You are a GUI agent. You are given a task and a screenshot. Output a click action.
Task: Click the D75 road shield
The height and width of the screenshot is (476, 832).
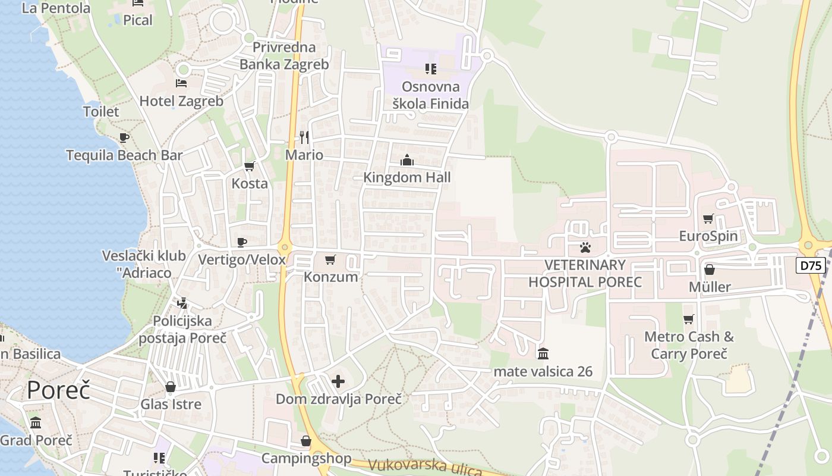pyautogui.click(x=811, y=265)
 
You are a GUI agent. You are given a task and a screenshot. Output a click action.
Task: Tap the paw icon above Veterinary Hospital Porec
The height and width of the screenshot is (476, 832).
pyautogui.click(x=585, y=247)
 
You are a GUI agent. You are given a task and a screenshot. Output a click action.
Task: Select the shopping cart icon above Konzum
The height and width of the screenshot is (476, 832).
pyautogui.click(x=330, y=259)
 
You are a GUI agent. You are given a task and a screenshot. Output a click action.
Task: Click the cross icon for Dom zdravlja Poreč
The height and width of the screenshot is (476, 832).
pyautogui.click(x=338, y=381)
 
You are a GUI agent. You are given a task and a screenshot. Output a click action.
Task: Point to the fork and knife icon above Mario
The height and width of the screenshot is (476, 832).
pyautogui.click(x=304, y=137)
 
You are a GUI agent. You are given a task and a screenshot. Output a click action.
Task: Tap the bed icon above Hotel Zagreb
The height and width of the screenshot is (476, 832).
pyautogui.click(x=181, y=83)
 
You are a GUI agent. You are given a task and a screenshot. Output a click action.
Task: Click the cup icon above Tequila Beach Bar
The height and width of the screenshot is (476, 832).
pyautogui.click(x=124, y=138)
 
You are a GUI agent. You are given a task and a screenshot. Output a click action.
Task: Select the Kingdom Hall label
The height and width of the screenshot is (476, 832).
pyautogui.click(x=407, y=177)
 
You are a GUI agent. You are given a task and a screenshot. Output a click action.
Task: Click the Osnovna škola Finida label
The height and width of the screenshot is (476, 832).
pyautogui.click(x=431, y=95)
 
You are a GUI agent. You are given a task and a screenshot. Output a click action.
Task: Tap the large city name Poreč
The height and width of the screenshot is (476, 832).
pyautogui.click(x=58, y=390)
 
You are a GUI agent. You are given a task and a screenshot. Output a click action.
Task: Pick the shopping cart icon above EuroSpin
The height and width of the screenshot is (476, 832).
pyautogui.click(x=708, y=219)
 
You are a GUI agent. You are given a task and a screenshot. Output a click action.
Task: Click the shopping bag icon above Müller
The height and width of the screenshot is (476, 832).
pyautogui.click(x=709, y=270)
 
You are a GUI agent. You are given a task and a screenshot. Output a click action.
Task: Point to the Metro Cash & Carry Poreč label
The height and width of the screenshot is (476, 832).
pyautogui.click(x=689, y=345)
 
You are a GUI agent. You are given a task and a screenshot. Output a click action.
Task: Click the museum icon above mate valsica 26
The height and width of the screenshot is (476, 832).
pyautogui.click(x=543, y=354)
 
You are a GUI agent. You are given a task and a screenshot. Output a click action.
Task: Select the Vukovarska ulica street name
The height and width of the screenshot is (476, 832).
pyautogui.click(x=424, y=468)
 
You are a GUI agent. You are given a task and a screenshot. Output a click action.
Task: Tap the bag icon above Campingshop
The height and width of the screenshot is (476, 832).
pyautogui.click(x=306, y=441)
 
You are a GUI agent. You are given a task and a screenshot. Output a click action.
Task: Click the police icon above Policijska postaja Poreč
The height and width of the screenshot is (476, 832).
pyautogui.click(x=182, y=303)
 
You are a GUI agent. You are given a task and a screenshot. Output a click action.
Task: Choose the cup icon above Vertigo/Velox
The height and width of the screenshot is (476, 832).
pyautogui.click(x=241, y=242)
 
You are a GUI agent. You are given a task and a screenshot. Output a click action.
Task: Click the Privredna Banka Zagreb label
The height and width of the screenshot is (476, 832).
pyautogui.click(x=284, y=56)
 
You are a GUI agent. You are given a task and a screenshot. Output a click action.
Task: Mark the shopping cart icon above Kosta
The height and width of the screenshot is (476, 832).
pyautogui.click(x=250, y=166)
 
